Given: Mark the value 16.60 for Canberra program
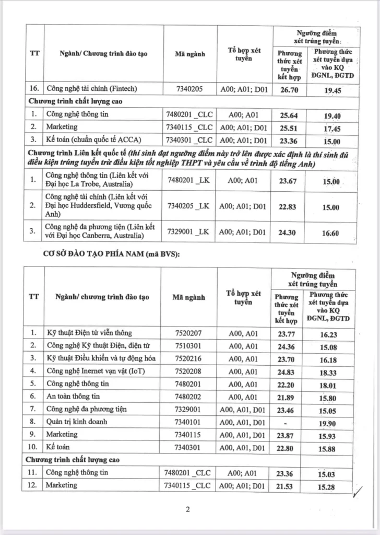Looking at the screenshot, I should (331, 233).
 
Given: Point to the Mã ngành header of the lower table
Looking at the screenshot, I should (188, 297).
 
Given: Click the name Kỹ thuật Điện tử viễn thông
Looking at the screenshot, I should (89, 333).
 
